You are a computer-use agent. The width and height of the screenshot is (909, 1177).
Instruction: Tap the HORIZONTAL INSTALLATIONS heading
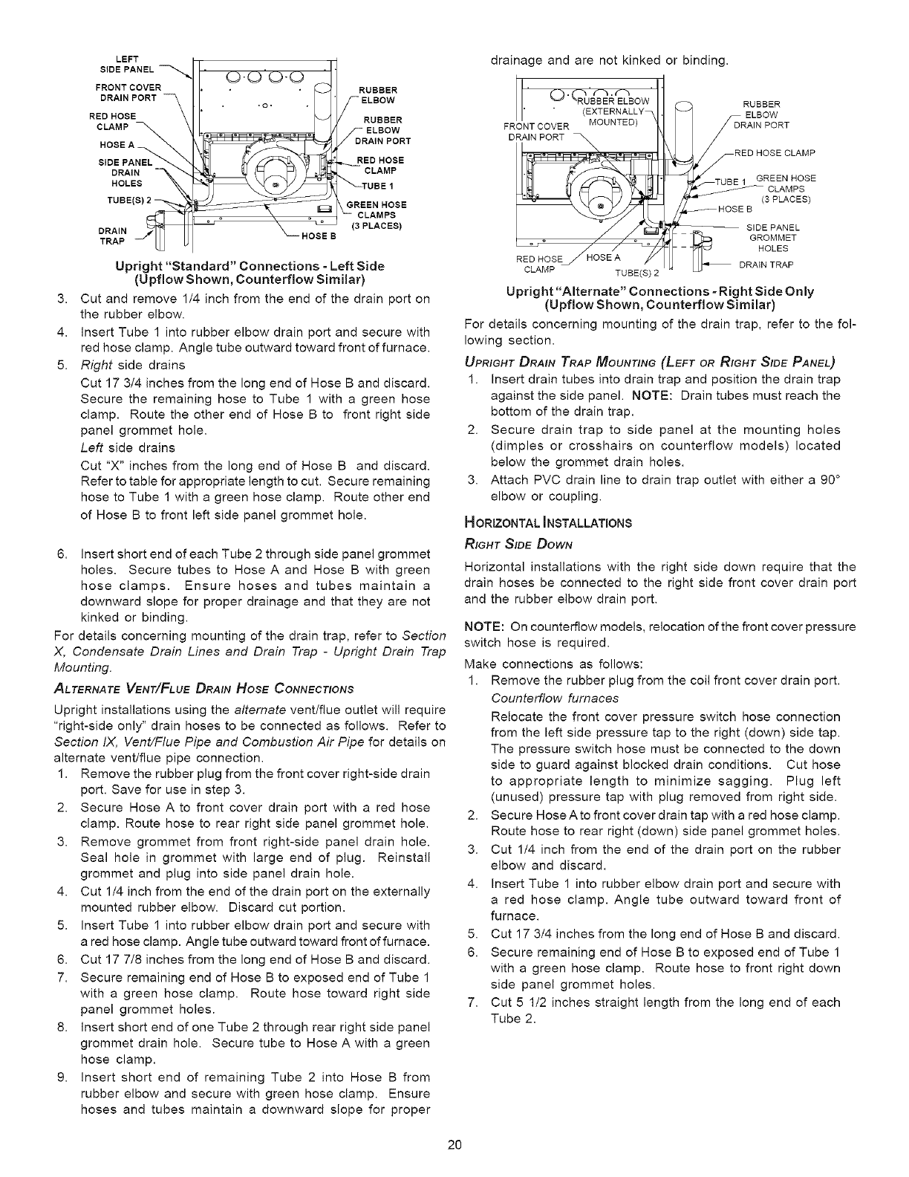click(547, 522)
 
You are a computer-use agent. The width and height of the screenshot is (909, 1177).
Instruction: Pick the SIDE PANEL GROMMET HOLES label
click(773, 238)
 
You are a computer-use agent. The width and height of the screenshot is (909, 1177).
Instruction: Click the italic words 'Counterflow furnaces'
click(555, 698)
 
